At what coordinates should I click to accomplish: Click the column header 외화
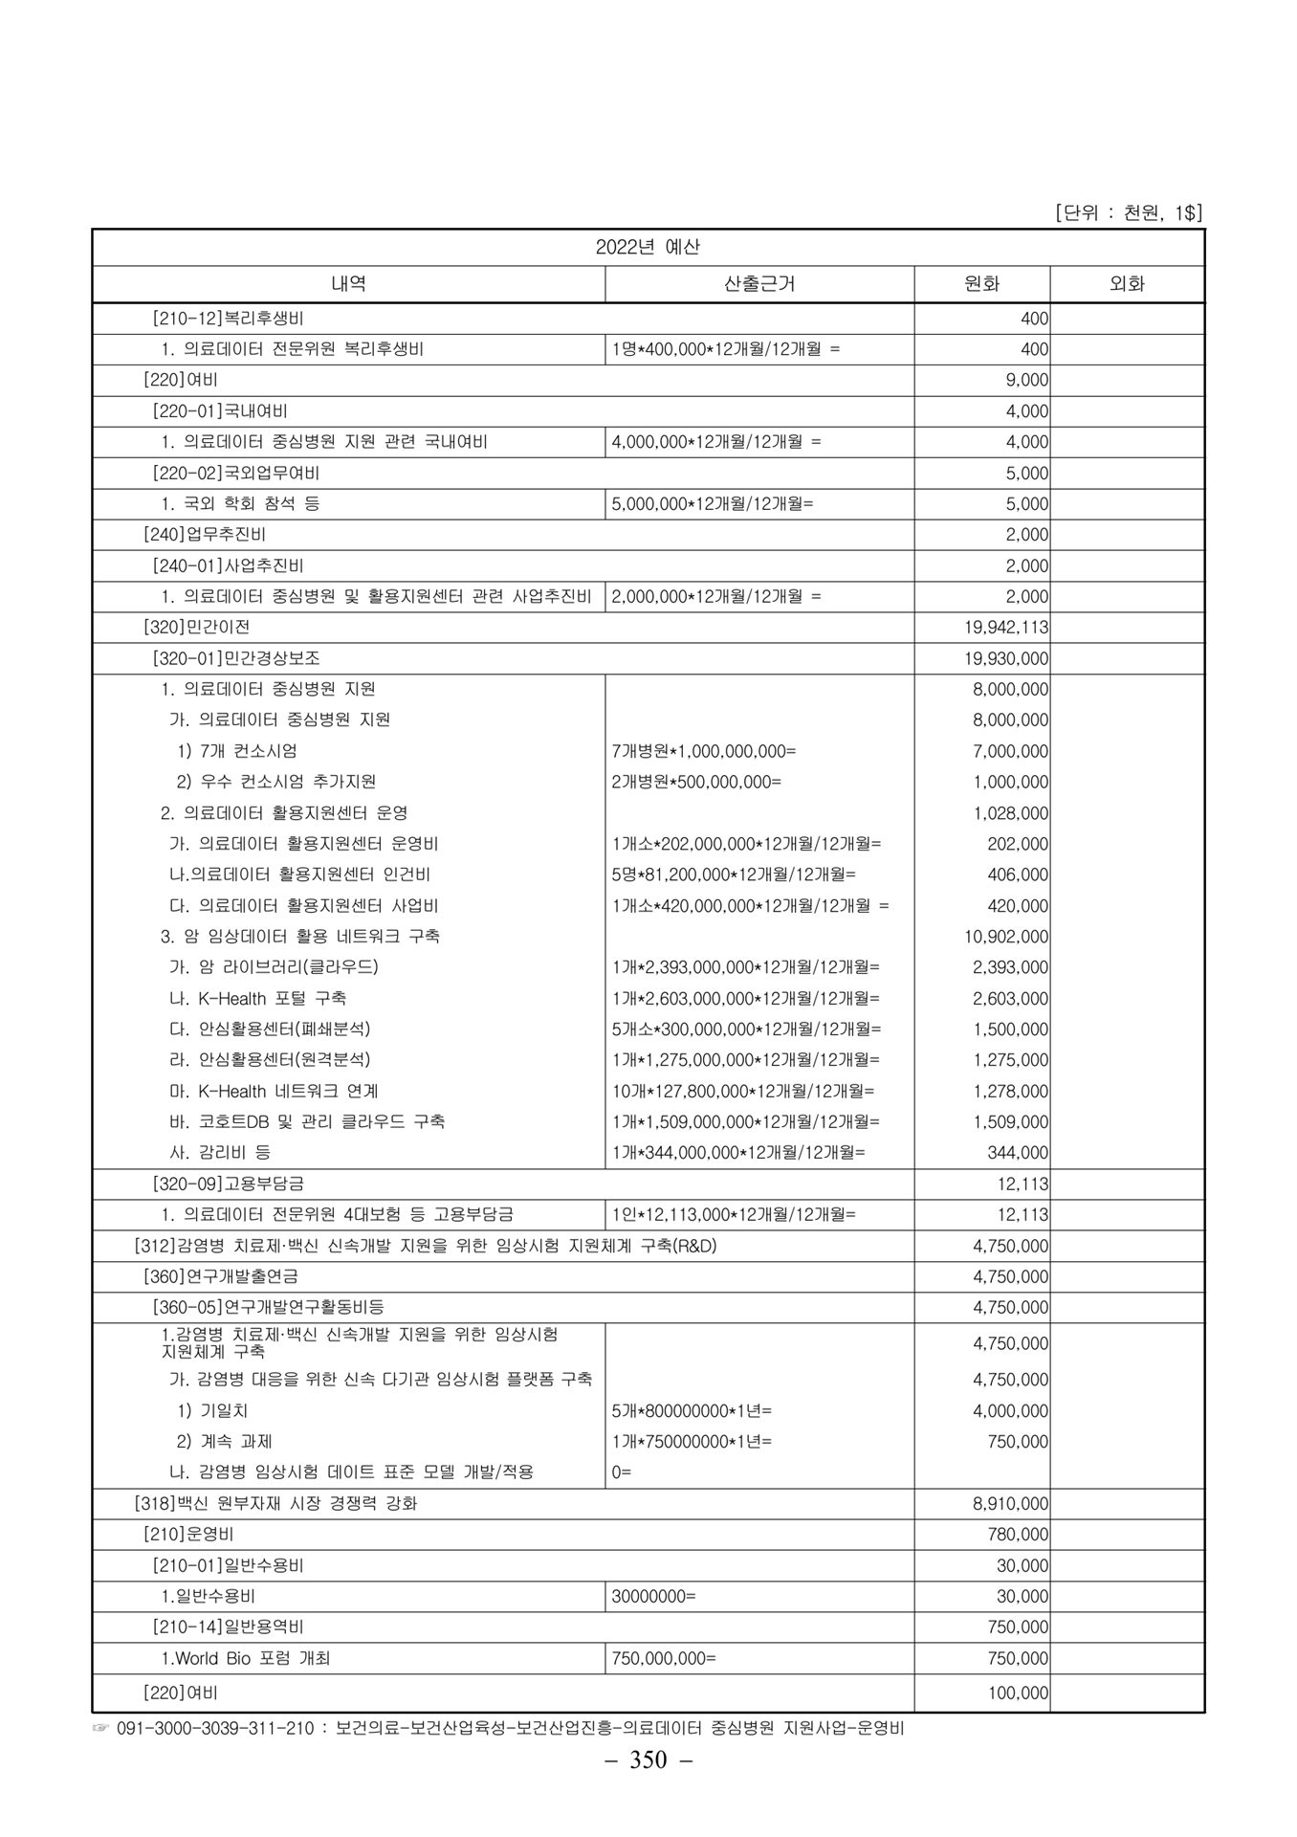1126,284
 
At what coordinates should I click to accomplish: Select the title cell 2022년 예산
648,247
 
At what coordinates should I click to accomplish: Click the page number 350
648,1760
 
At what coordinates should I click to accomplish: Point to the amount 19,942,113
1009,628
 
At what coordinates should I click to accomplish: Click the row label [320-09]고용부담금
229,1184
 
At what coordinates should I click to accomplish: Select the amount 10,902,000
1010,937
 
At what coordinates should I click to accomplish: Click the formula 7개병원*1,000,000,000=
704,751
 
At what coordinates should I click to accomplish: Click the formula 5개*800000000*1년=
692,1410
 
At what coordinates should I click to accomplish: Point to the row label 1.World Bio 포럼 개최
246,1658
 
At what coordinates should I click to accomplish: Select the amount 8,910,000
1011,1503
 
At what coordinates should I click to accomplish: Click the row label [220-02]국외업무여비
236,473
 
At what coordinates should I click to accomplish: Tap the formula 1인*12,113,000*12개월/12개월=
734,1214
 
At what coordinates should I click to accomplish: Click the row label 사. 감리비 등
220,1153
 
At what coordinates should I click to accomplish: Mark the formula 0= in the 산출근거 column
622,1472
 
